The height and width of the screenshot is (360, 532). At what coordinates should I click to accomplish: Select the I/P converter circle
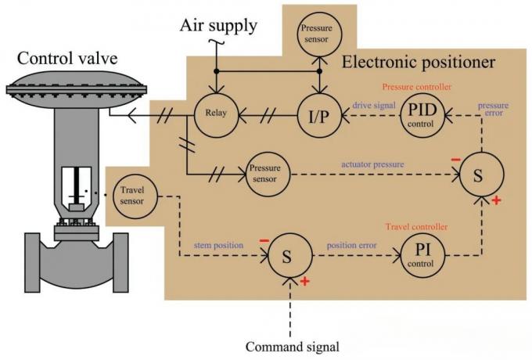(317, 117)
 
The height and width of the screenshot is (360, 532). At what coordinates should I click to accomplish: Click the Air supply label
(219, 25)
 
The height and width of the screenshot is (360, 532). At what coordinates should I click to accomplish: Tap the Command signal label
(291, 346)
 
